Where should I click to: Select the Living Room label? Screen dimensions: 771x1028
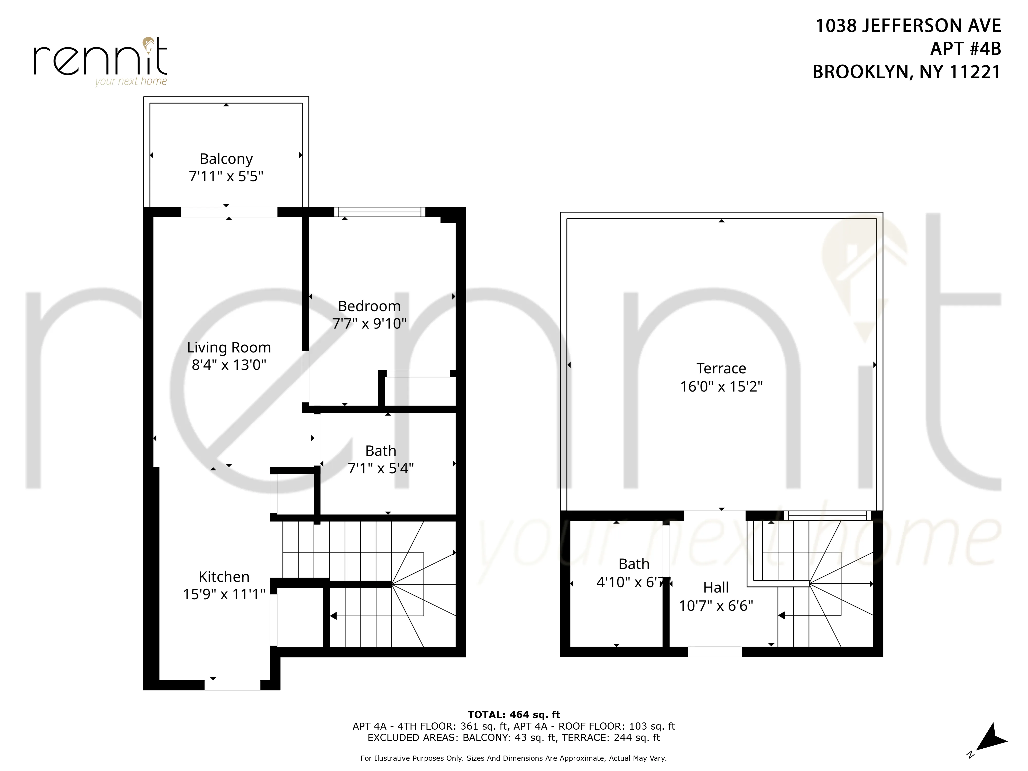click(229, 348)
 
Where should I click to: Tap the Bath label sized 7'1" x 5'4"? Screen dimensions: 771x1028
click(381, 451)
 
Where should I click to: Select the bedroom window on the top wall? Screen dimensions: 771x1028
click(380, 212)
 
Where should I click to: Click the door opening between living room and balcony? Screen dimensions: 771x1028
click(229, 212)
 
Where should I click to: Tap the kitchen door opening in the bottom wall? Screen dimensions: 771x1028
click(232, 685)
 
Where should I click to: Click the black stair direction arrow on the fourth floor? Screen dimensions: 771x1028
click(333, 616)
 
